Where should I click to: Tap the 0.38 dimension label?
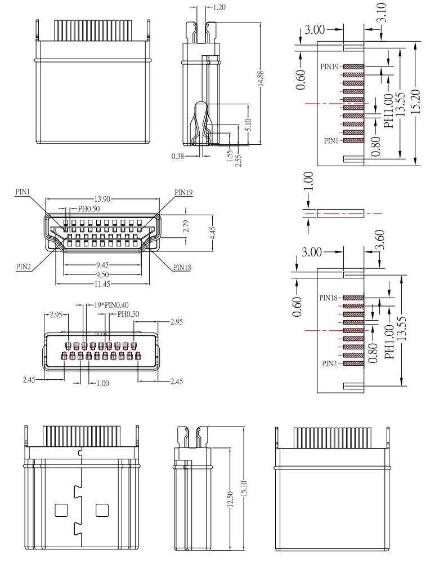[177, 156]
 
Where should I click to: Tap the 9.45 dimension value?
[101, 265]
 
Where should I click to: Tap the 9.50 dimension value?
[101, 274]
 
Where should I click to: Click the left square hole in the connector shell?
[60, 511]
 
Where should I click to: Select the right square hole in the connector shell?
[102, 511]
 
